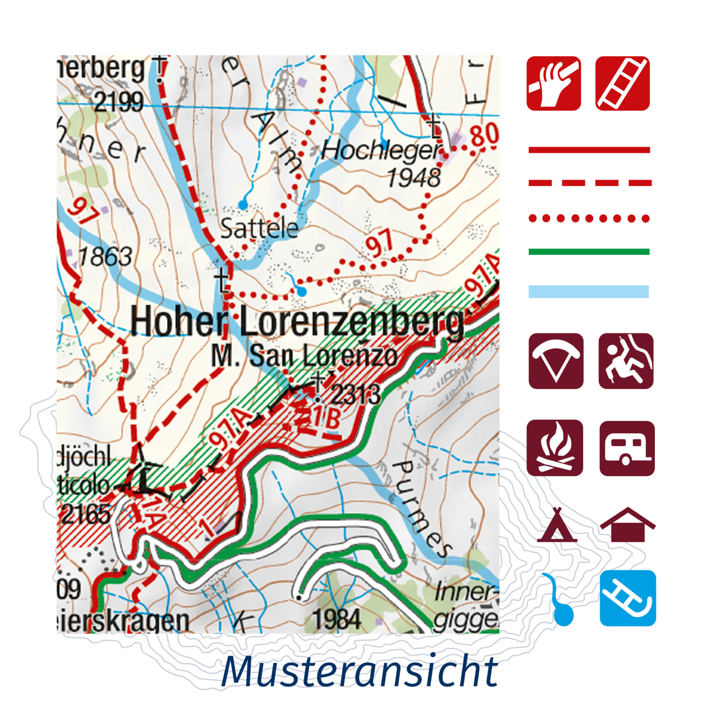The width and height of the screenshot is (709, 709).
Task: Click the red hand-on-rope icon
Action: (553, 84)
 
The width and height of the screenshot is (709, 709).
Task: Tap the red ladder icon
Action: (622, 84)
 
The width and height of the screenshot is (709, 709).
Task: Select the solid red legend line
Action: (589, 150)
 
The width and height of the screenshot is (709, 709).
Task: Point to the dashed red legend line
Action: (589, 183)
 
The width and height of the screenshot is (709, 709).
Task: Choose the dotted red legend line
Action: (589, 218)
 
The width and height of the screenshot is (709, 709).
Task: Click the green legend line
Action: (589, 252)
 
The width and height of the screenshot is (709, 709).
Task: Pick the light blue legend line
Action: (589, 291)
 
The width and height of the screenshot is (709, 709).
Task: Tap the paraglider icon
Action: (556, 361)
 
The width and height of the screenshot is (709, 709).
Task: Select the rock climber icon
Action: (626, 361)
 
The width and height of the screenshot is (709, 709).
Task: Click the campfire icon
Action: (555, 448)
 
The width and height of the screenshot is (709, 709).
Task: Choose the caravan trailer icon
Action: (627, 448)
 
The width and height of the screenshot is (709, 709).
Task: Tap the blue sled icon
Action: (628, 598)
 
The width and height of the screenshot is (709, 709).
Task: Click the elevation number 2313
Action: (356, 395)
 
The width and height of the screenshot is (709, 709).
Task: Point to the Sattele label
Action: (259, 228)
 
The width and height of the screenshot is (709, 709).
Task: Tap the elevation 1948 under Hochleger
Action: (414, 178)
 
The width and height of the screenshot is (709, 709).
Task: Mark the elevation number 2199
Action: (119, 102)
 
